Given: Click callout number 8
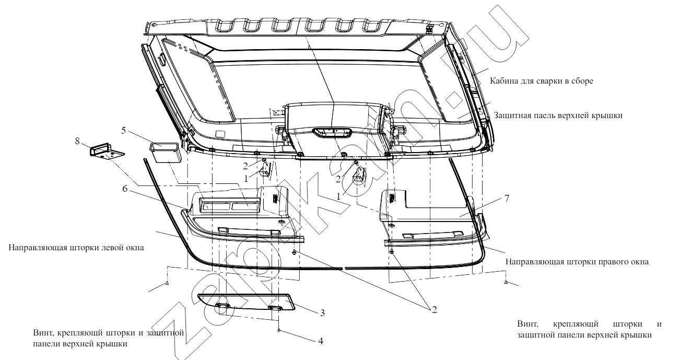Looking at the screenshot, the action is click(77, 141).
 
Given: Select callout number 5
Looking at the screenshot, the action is click(124, 131).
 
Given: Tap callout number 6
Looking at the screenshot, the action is click(125, 189).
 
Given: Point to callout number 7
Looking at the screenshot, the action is click(507, 198).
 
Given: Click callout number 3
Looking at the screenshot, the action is click(322, 312).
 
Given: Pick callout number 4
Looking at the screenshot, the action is click(321, 341).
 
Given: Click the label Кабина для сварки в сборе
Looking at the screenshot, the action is click(542, 81).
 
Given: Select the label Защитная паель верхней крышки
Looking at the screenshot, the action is click(558, 115).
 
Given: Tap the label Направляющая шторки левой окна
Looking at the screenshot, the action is click(76, 248).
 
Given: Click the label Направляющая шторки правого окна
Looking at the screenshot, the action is click(577, 262).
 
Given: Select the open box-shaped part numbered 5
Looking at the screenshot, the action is click(166, 153).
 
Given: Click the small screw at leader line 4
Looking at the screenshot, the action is click(278, 330).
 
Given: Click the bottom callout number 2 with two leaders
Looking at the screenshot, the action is click(435, 310).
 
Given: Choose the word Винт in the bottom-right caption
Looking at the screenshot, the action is click(527, 324).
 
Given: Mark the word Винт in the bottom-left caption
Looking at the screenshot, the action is click(43, 333).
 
